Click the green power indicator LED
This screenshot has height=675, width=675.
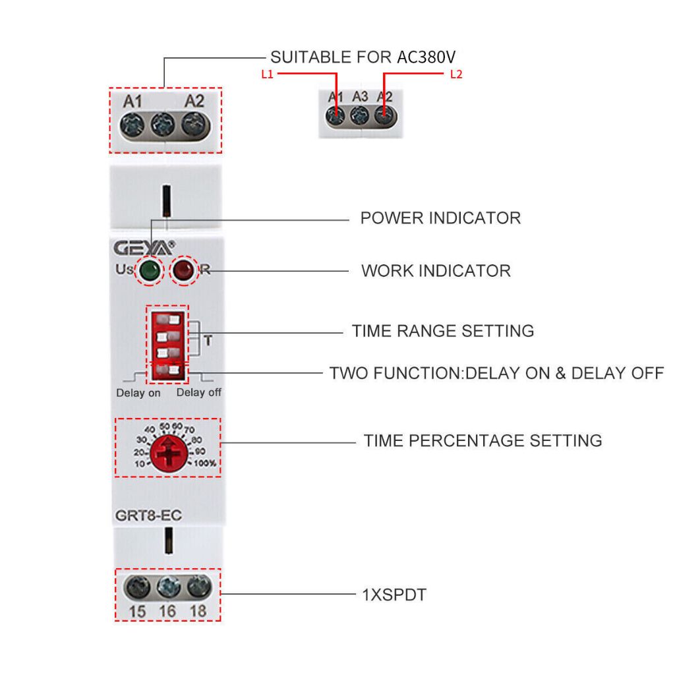150,270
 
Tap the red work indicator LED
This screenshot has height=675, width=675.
183,270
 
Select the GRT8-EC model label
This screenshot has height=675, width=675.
148,515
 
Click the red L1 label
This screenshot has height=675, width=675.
266,74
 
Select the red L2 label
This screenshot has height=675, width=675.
456,74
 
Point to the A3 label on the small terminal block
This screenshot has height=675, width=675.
359,97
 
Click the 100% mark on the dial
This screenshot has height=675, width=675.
205,463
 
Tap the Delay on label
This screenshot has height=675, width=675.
138,393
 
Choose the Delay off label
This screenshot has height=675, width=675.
199,392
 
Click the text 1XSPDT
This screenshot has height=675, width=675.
395,595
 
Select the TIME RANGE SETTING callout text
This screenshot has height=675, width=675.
443,331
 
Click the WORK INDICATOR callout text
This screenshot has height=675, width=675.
436,270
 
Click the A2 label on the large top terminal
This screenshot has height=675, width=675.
194,102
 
